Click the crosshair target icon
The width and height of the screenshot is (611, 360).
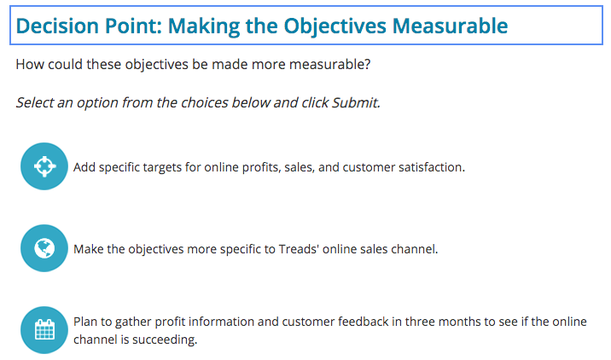[44, 166]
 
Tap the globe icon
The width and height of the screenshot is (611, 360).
[44, 248]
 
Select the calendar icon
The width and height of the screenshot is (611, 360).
[44, 330]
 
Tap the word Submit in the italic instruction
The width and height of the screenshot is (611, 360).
[356, 102]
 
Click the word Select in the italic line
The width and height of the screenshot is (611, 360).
[35, 102]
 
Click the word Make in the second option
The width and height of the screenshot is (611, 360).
[88, 249]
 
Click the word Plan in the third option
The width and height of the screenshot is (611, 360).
[86, 322]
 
